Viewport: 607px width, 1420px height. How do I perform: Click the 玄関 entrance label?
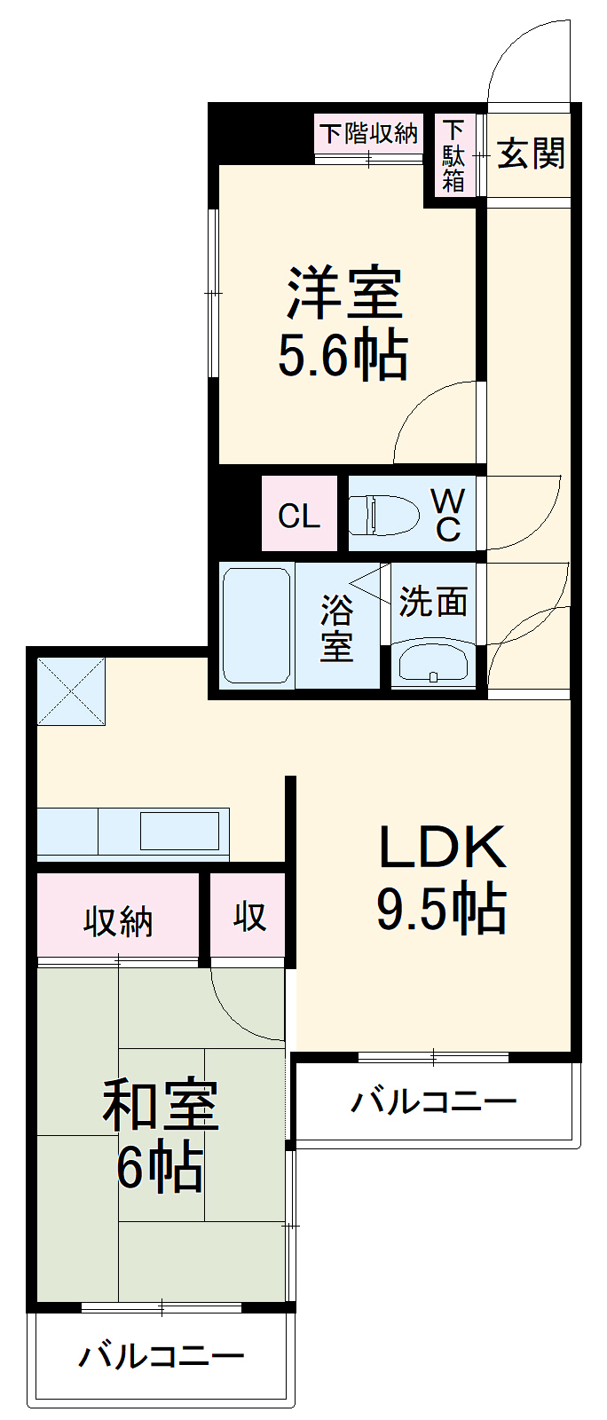[530, 154]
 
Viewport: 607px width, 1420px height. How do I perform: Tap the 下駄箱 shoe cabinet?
[453, 155]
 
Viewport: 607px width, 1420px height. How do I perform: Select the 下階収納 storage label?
[368, 133]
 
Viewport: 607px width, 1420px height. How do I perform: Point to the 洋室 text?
[344, 293]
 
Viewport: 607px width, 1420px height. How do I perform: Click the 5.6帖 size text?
[343, 356]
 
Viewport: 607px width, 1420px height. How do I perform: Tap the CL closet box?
[299, 516]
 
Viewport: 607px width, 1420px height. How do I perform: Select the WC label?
[446, 515]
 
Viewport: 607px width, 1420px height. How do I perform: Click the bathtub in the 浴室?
[256, 625]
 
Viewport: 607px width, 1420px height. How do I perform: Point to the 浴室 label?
[337, 627]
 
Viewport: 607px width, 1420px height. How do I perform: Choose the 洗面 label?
[432, 602]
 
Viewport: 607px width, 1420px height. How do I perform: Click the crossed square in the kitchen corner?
[71, 690]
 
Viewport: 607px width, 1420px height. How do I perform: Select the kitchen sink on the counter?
[179, 832]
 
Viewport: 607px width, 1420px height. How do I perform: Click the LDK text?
[441, 848]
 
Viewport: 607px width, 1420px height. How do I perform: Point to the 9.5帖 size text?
[441, 909]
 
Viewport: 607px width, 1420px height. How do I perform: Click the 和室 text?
[161, 1105]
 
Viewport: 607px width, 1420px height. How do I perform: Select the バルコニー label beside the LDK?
[433, 1102]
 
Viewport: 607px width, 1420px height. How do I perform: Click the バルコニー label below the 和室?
[161, 1356]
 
